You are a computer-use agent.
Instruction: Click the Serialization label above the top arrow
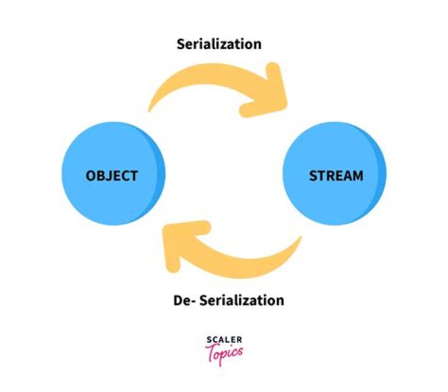tap(219, 44)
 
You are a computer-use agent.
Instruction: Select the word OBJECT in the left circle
tap(112, 175)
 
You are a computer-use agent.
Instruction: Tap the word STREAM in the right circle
tap(336, 175)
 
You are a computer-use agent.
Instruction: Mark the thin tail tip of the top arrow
tap(149, 110)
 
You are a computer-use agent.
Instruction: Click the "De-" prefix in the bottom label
tap(184, 301)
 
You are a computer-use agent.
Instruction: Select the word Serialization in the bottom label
tap(241, 301)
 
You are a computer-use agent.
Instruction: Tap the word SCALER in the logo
tap(224, 340)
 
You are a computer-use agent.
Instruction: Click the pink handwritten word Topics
tap(224, 353)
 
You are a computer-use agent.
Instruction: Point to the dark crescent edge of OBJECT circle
tap(159, 174)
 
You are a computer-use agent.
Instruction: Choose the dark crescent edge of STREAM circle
tap(381, 174)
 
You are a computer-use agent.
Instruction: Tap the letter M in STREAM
tap(357, 176)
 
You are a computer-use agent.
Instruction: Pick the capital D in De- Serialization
tap(178, 301)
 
